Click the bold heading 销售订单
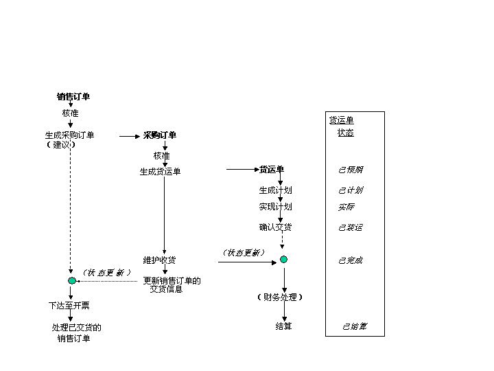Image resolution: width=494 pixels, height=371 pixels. (x=73, y=97)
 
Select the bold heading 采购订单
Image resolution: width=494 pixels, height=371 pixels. (x=160, y=135)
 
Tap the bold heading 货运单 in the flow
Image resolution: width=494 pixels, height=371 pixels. (x=271, y=170)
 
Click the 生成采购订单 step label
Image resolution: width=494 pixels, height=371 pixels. (x=70, y=135)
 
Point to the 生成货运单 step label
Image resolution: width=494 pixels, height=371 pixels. (x=161, y=172)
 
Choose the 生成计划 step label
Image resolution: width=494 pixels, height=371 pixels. (x=275, y=190)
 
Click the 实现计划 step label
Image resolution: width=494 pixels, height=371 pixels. (x=275, y=207)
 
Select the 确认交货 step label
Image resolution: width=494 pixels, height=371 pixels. (x=275, y=227)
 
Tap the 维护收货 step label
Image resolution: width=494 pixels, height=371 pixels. (x=159, y=260)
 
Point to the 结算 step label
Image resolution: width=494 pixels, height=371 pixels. (x=283, y=326)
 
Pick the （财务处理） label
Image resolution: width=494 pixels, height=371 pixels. (x=279, y=297)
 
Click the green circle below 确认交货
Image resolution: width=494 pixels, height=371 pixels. (x=283, y=260)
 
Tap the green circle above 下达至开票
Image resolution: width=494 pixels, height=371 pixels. (x=72, y=281)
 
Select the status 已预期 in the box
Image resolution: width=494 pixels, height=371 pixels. (x=351, y=170)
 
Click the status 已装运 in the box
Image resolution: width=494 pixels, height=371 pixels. (x=351, y=227)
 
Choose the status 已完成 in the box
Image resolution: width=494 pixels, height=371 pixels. (x=351, y=260)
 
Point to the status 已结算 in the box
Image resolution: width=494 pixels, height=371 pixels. (x=355, y=326)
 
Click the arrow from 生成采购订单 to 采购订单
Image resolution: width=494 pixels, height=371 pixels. (x=130, y=136)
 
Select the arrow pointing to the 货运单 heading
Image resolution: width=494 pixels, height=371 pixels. (x=242, y=169)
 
